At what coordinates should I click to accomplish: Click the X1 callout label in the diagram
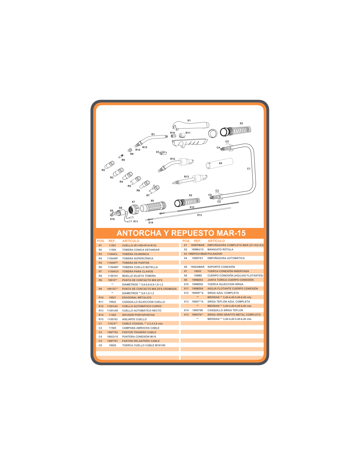[x=189, y=120]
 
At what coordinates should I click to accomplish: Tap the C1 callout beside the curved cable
[x=248, y=169]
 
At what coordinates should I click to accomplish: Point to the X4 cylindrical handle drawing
[x=219, y=164]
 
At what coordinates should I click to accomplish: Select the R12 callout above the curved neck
[x=172, y=159]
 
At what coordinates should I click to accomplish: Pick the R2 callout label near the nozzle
[x=103, y=170]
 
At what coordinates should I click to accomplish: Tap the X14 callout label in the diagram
[x=151, y=223]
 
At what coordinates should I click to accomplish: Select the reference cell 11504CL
[x=113, y=254]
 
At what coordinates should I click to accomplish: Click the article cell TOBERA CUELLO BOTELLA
[x=140, y=267]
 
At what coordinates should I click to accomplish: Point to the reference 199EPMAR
[x=197, y=245]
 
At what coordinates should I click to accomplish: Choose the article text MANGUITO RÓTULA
[x=220, y=249]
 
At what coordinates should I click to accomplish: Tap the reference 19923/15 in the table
[x=113, y=336]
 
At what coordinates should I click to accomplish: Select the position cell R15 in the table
[x=101, y=319]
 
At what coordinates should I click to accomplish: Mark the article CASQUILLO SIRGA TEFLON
[x=225, y=310]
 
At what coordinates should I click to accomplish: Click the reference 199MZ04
[x=197, y=288]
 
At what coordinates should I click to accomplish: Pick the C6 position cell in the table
[x=100, y=345]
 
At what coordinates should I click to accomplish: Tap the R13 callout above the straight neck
[x=186, y=177]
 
